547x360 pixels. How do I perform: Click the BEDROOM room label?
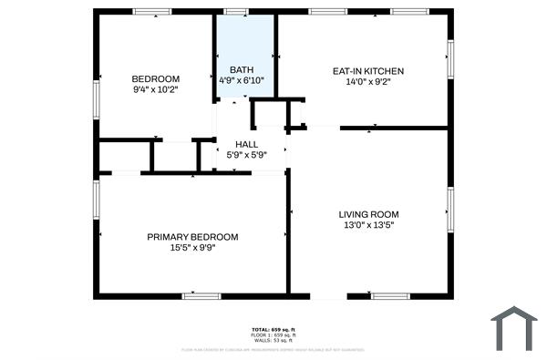[x=156, y=78]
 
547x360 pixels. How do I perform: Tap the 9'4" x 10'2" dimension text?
[x=156, y=89]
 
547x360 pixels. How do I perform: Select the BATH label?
[x=242, y=69]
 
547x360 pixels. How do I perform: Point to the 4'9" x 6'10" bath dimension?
[x=242, y=80]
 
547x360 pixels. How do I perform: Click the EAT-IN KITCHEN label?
[x=367, y=71]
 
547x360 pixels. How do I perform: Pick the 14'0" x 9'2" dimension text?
[x=367, y=82]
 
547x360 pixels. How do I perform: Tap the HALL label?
[x=246, y=144]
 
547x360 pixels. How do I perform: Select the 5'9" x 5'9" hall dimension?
[x=246, y=155]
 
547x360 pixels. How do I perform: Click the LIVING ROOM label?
[x=369, y=214]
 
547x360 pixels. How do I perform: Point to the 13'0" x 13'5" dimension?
[x=369, y=225]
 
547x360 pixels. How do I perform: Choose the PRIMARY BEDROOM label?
[x=192, y=237]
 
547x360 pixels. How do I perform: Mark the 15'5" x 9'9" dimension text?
[x=192, y=248]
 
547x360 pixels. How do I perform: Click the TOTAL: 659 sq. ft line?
[x=273, y=329]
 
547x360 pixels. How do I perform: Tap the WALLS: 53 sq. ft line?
[x=273, y=340]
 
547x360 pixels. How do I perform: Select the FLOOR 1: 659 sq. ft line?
[x=273, y=334]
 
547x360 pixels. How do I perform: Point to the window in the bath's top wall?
[x=236, y=12]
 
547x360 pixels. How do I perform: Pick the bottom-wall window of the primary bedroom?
[x=201, y=295]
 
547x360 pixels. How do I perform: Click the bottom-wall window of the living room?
[x=390, y=295]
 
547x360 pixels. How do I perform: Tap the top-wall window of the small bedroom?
[x=152, y=12]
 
